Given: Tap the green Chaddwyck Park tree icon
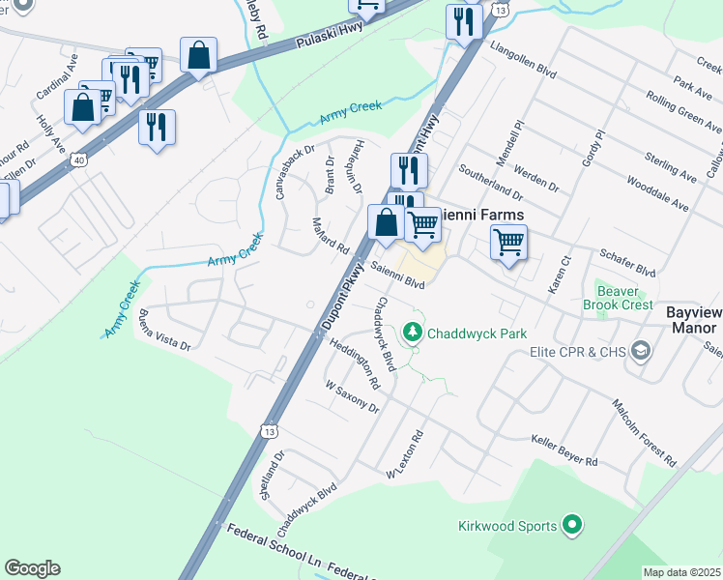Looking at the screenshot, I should [413, 333].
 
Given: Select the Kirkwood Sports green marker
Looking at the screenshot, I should [572, 526].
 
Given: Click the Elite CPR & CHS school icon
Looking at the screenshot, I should [639, 352].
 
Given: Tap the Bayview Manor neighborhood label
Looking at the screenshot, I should [694, 320].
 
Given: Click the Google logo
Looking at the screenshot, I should [32, 568].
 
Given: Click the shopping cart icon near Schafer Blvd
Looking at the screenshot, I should [508, 242].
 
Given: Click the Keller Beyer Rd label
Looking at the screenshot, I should [564, 449].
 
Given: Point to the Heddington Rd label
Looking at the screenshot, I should [355, 362].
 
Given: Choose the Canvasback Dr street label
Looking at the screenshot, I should [295, 172].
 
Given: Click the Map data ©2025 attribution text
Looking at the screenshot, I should [681, 572].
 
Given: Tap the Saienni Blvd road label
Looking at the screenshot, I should [398, 276].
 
